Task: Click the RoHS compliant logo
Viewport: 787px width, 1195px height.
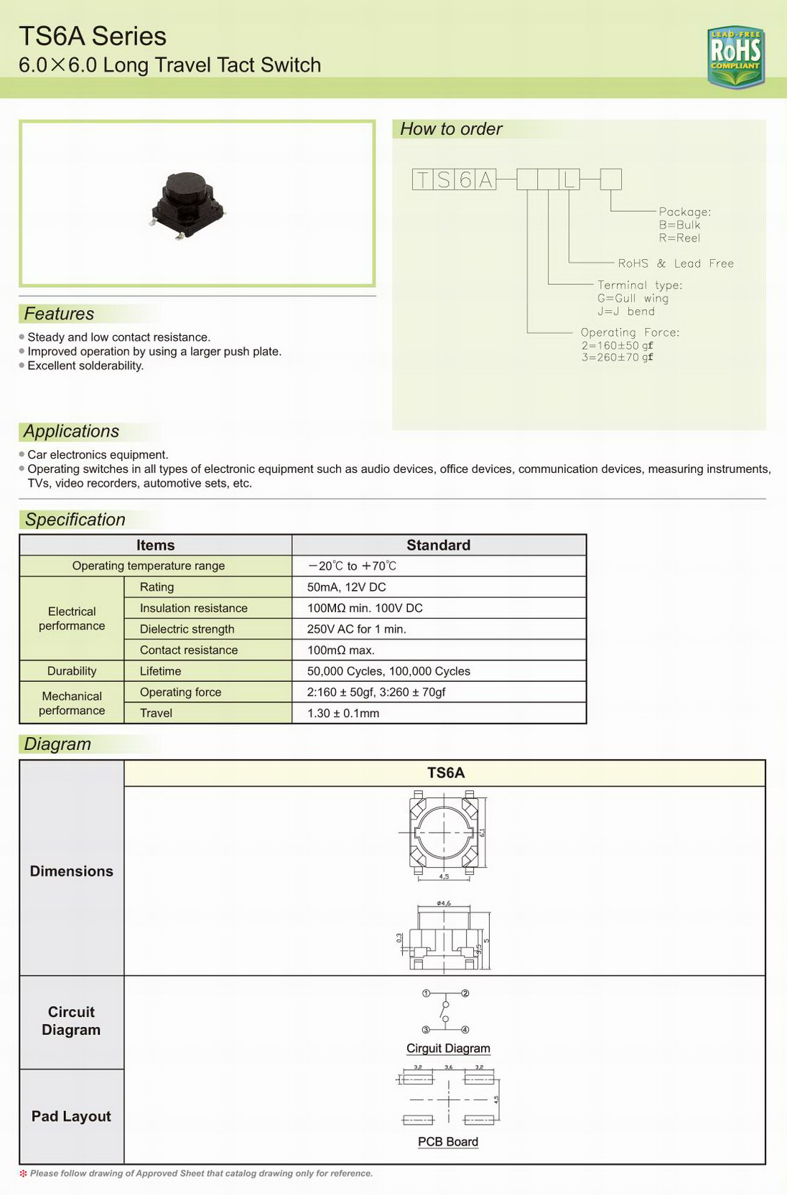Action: coord(735,57)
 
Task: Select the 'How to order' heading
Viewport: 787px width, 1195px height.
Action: coord(451,129)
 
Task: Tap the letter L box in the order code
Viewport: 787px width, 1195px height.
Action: coord(569,179)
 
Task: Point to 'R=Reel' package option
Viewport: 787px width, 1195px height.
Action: coord(679,238)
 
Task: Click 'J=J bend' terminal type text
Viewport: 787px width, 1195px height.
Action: coord(625,311)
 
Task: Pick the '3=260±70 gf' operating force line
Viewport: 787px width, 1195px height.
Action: coord(617,357)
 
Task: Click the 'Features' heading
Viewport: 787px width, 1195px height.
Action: coord(59,314)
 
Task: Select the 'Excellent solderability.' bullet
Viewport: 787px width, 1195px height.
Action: coord(85,366)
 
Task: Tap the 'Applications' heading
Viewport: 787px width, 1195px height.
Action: coord(71,431)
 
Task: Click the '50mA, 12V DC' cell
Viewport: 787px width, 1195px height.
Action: coord(346,587)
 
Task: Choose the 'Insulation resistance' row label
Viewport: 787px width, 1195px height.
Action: coord(193,608)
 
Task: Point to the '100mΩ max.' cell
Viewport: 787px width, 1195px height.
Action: coord(340,650)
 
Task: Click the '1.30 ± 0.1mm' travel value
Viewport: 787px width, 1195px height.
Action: coord(343,713)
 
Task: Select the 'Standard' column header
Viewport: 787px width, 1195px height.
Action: coord(438,545)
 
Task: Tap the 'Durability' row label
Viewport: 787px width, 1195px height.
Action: coord(72,671)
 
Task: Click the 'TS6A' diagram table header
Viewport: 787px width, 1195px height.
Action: coord(445,773)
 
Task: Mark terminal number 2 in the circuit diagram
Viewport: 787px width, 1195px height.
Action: coord(465,993)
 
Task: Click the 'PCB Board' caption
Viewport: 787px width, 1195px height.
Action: coord(447,1142)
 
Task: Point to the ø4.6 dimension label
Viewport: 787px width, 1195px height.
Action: coord(444,903)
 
